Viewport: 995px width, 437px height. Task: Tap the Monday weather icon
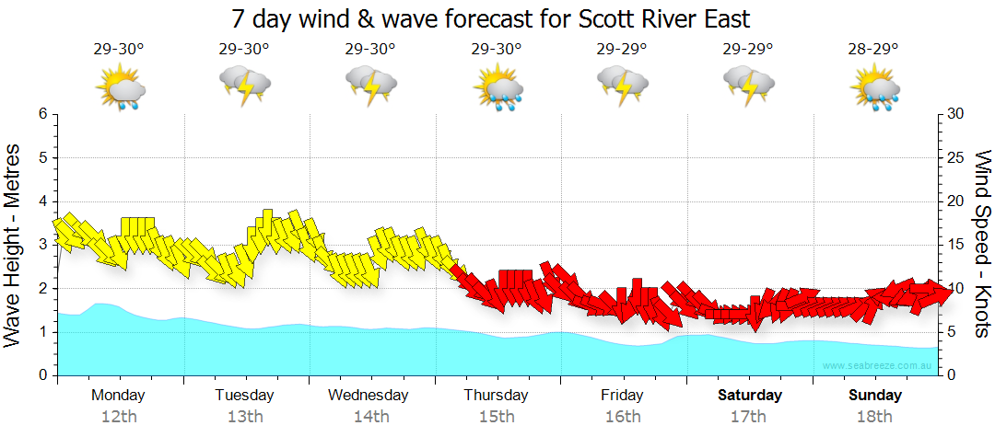pyautogui.click(x=120, y=89)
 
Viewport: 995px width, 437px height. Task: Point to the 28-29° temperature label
pyautogui.click(x=873, y=49)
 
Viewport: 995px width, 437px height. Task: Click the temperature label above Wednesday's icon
pyautogui.click(x=370, y=49)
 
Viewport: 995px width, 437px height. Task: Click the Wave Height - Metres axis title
pyautogui.click(x=14, y=244)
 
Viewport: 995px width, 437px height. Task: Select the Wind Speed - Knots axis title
pyautogui.click(x=981, y=244)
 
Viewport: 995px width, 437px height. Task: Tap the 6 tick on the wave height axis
pyautogui.click(x=42, y=114)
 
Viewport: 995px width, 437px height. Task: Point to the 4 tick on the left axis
pyautogui.click(x=42, y=201)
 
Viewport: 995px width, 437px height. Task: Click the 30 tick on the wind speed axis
pyautogui.click(x=955, y=114)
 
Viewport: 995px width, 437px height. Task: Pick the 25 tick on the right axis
pyautogui.click(x=955, y=157)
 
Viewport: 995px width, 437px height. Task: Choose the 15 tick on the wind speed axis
pyautogui.click(x=955, y=245)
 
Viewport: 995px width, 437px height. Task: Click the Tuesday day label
pyautogui.click(x=244, y=396)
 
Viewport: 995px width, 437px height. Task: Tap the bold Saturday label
pyautogui.click(x=750, y=396)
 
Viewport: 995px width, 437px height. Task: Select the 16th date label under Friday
pyautogui.click(x=624, y=417)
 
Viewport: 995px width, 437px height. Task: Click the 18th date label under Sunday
pyautogui.click(x=875, y=417)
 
